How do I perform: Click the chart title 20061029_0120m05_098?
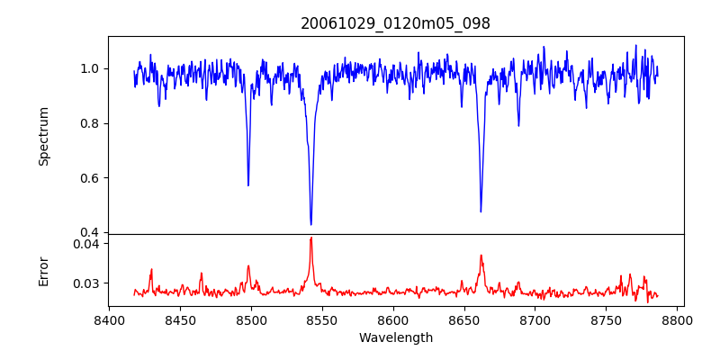(x=395, y=24)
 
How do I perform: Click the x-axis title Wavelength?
(x=395, y=338)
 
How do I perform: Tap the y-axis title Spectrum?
(x=43, y=136)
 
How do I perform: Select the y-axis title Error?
(x=43, y=270)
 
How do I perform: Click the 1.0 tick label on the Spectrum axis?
(x=89, y=69)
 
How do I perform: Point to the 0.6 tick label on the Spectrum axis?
(x=89, y=178)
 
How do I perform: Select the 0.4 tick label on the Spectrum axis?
(x=89, y=233)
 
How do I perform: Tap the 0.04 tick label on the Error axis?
(x=85, y=244)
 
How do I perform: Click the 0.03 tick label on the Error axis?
(x=85, y=283)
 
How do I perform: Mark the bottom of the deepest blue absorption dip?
(x=310, y=224)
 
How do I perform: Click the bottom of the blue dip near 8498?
(x=248, y=185)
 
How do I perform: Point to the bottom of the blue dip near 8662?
(x=481, y=211)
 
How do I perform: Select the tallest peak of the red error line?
(x=310, y=238)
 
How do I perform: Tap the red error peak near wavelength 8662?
(x=481, y=256)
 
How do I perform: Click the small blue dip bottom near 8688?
(x=518, y=125)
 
